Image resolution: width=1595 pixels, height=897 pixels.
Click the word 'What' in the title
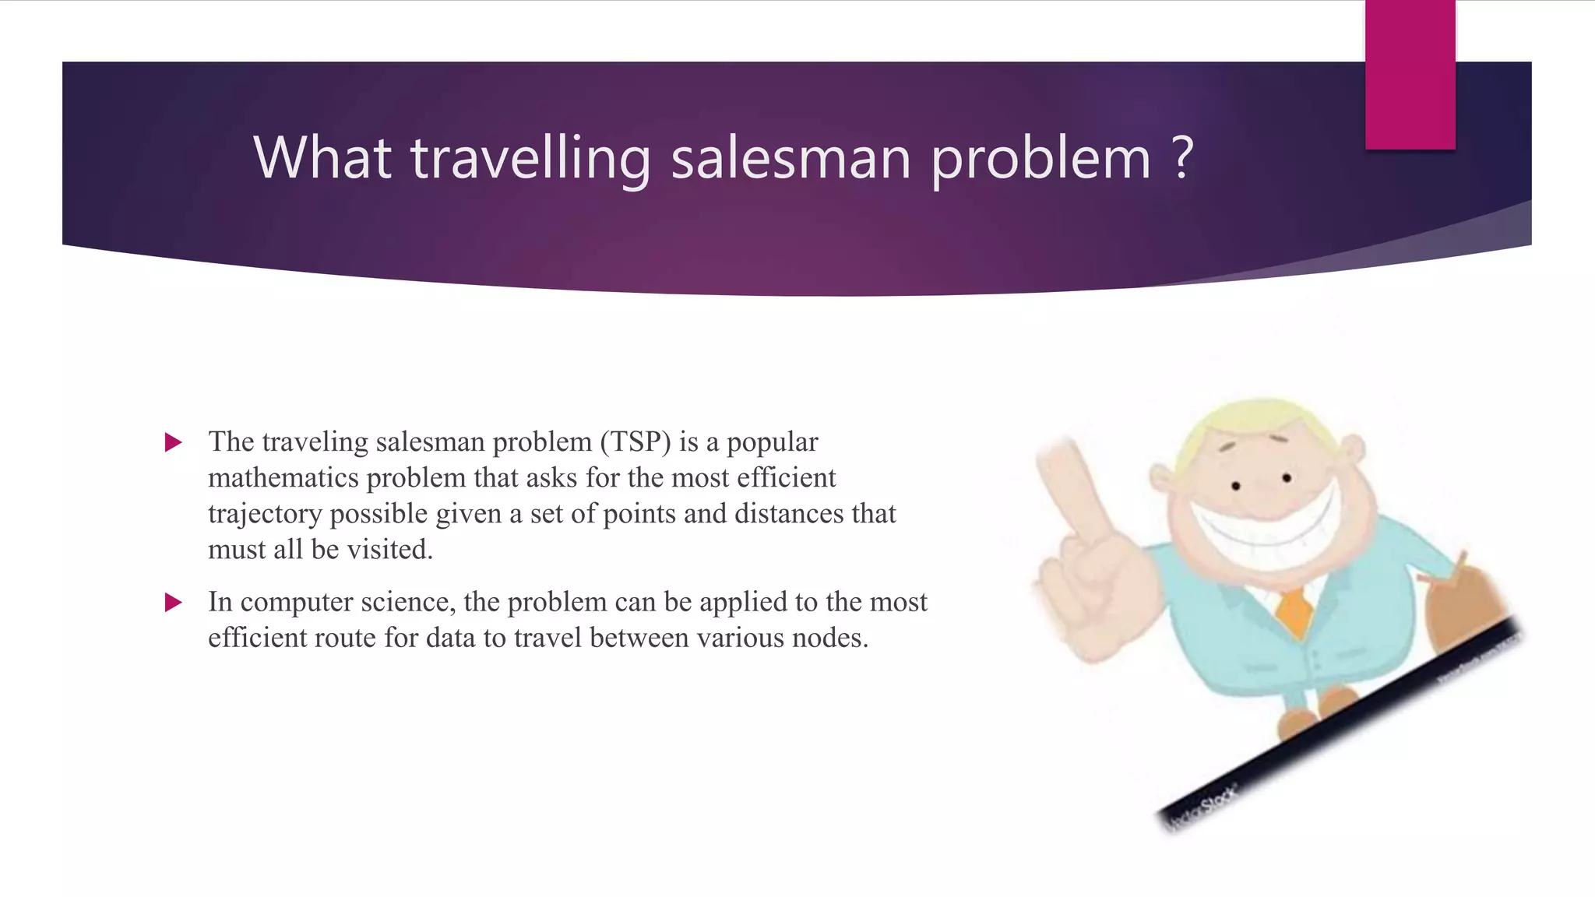coord(322,158)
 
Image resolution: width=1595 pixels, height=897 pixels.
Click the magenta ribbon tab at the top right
coord(1410,74)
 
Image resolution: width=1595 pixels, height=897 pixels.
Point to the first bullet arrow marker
coord(173,443)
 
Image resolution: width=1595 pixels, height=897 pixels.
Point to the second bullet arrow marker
coord(173,603)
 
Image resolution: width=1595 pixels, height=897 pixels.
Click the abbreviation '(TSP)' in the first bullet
coord(635,442)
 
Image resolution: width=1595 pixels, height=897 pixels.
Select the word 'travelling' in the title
coord(530,158)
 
